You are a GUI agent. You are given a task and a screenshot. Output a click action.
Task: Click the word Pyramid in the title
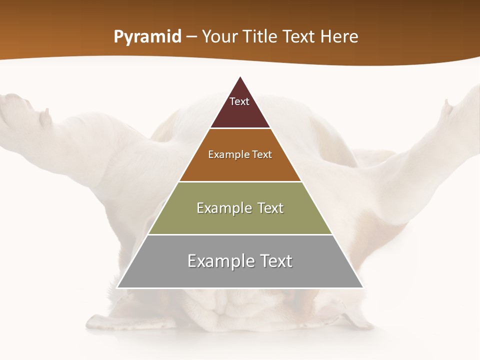click(x=147, y=37)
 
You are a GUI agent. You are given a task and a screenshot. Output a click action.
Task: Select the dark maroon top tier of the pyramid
click(x=240, y=112)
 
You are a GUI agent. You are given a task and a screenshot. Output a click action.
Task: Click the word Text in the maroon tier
click(x=239, y=101)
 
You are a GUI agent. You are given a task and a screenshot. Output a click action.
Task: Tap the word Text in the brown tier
click(x=262, y=154)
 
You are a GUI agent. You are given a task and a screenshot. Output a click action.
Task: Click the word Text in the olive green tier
click(x=271, y=208)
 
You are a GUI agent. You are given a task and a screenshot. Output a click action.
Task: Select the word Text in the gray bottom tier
click(x=274, y=261)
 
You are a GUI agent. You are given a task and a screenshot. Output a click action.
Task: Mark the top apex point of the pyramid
click(x=240, y=76)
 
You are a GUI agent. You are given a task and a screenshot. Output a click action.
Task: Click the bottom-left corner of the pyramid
click(x=117, y=287)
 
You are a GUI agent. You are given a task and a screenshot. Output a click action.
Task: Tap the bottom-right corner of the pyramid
click(x=363, y=287)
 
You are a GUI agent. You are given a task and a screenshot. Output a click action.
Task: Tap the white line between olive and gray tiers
click(x=240, y=234)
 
